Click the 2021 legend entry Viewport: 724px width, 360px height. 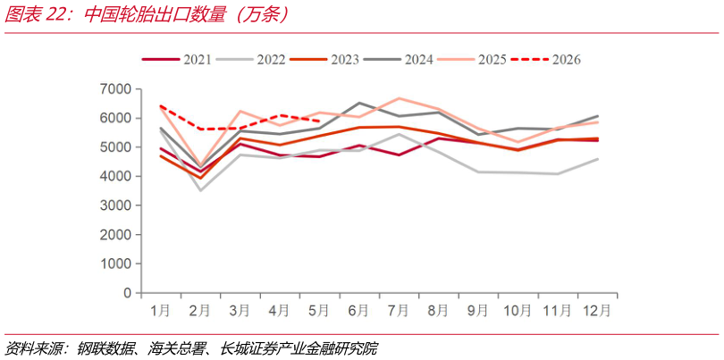pos(176,60)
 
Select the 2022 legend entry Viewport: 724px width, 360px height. pos(250,60)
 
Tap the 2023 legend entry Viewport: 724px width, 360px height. pos(324,60)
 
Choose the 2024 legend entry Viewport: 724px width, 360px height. pos(398,60)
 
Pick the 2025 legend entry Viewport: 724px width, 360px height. pos(472,60)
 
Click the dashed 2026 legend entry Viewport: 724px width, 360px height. pos(546,60)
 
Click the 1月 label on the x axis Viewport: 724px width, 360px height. pos(160,311)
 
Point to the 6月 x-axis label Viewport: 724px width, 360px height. pos(358,311)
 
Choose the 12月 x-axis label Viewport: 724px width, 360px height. pos(597,311)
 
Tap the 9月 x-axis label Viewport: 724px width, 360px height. pos(478,311)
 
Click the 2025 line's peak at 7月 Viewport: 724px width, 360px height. pos(398,98)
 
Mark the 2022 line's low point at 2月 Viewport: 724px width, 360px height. pos(200,190)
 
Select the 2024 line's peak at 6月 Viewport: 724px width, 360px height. pos(358,103)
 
